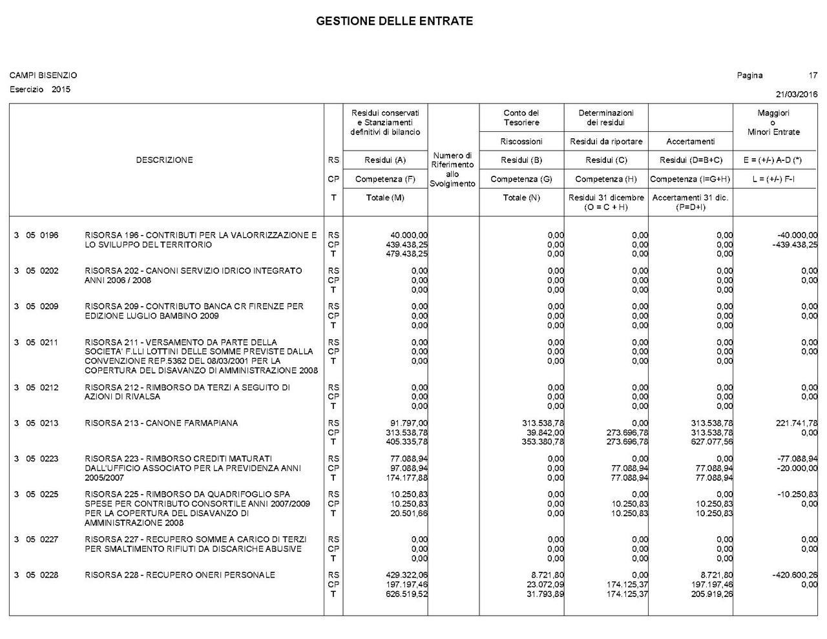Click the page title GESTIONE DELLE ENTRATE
click(x=394, y=21)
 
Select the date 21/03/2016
click(x=796, y=94)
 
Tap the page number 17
click(x=813, y=76)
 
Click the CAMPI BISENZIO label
click(x=43, y=76)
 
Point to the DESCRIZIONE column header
click(x=164, y=160)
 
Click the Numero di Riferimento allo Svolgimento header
click(x=452, y=169)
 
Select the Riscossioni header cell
click(x=521, y=141)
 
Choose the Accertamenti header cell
click(x=690, y=141)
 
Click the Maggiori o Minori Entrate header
click(x=773, y=122)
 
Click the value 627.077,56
click(x=712, y=443)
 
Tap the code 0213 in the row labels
click(x=49, y=423)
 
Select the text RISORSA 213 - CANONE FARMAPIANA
click(x=161, y=423)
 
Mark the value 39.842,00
click(x=545, y=433)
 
